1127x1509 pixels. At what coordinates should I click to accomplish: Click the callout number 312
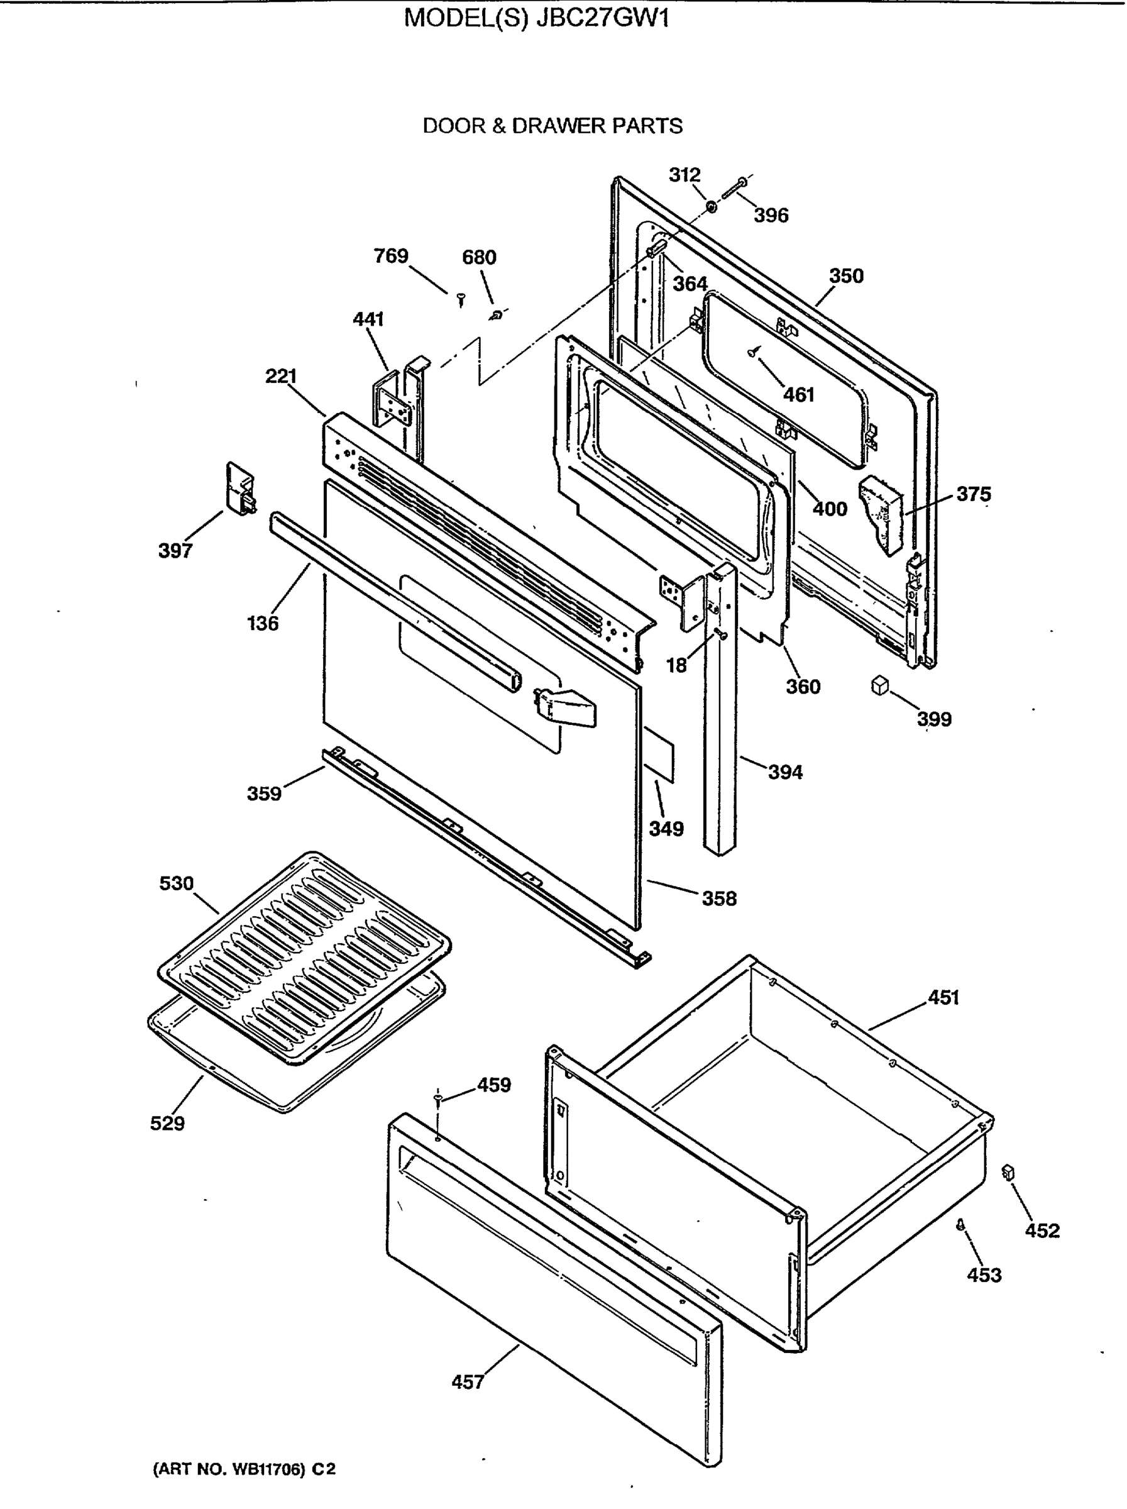684,175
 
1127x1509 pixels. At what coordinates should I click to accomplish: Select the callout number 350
845,275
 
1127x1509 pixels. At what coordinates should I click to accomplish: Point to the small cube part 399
879,684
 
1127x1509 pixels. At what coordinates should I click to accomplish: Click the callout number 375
973,494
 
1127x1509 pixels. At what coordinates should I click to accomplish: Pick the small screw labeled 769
461,299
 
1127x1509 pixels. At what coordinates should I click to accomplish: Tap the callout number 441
368,319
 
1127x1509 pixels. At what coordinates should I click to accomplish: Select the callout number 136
263,623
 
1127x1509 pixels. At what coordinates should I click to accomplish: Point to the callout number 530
177,883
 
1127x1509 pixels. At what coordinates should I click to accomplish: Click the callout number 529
167,1124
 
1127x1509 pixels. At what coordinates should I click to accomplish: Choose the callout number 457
468,1383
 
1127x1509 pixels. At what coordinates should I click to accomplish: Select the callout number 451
943,997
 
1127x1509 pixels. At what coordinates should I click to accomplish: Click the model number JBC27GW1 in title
603,18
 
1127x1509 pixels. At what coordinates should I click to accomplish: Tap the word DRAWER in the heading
558,126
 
